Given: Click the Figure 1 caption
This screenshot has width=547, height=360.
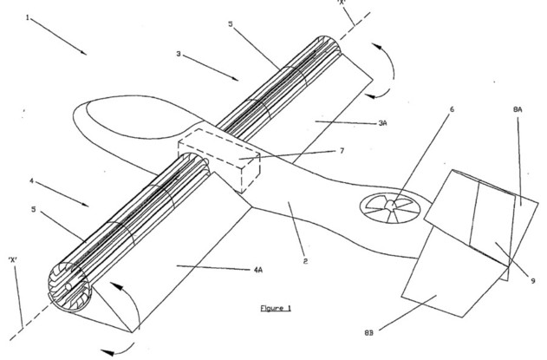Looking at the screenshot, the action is click(276, 308).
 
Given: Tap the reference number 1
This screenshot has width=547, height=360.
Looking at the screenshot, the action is click(28, 17).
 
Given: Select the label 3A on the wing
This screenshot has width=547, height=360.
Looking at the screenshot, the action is click(382, 123).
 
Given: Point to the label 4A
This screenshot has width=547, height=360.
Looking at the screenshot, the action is click(257, 270).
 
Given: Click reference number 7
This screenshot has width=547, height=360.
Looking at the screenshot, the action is click(342, 150).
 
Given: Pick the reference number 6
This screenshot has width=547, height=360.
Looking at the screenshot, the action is click(453, 109).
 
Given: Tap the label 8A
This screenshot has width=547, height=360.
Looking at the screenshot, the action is click(518, 109).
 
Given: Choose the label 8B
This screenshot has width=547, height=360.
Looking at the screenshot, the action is click(368, 333).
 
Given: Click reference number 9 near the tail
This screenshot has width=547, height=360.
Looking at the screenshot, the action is click(533, 281).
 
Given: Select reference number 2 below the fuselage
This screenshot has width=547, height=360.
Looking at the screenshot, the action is click(305, 261).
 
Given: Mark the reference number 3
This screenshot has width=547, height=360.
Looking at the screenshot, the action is click(179, 54).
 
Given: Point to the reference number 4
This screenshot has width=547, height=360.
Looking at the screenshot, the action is click(31, 181).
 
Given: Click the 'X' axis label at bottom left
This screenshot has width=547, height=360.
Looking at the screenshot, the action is click(13, 260).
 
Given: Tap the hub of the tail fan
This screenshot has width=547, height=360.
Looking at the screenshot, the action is click(391, 205).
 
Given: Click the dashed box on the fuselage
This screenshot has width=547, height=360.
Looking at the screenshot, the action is click(218, 160).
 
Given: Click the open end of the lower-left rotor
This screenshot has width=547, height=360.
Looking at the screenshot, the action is click(69, 286).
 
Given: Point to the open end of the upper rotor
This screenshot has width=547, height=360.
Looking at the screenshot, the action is click(327, 47).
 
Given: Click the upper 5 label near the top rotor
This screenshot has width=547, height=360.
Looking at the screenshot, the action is click(231, 23).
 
